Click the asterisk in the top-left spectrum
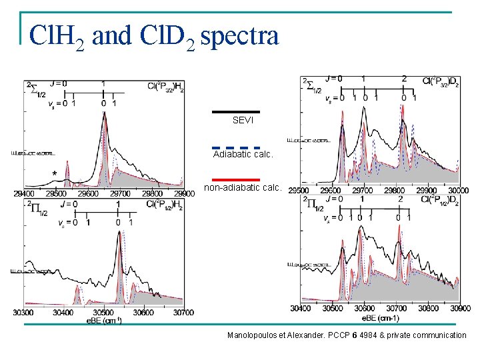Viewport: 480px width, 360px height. point(55,173)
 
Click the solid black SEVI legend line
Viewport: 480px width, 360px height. point(235,111)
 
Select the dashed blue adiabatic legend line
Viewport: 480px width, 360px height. point(235,147)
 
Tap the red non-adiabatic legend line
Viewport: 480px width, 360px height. point(235,179)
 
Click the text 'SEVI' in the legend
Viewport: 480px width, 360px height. point(243,120)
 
